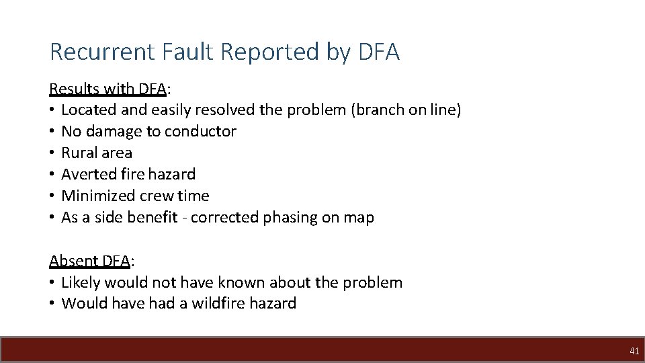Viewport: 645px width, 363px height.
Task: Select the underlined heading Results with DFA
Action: pos(108,89)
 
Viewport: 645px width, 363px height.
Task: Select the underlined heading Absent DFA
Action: pos(89,261)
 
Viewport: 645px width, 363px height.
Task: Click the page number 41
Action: pos(634,351)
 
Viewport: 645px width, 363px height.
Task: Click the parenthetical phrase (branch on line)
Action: pos(406,110)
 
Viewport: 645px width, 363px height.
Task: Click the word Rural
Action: pos(79,153)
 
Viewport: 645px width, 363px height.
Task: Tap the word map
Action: pos(359,218)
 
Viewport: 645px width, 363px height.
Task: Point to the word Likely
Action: pos(79,282)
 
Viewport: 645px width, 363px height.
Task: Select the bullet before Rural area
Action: pos(52,153)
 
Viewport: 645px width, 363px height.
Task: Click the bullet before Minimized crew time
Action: pos(52,196)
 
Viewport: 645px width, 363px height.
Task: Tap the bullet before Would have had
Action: pos(52,303)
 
